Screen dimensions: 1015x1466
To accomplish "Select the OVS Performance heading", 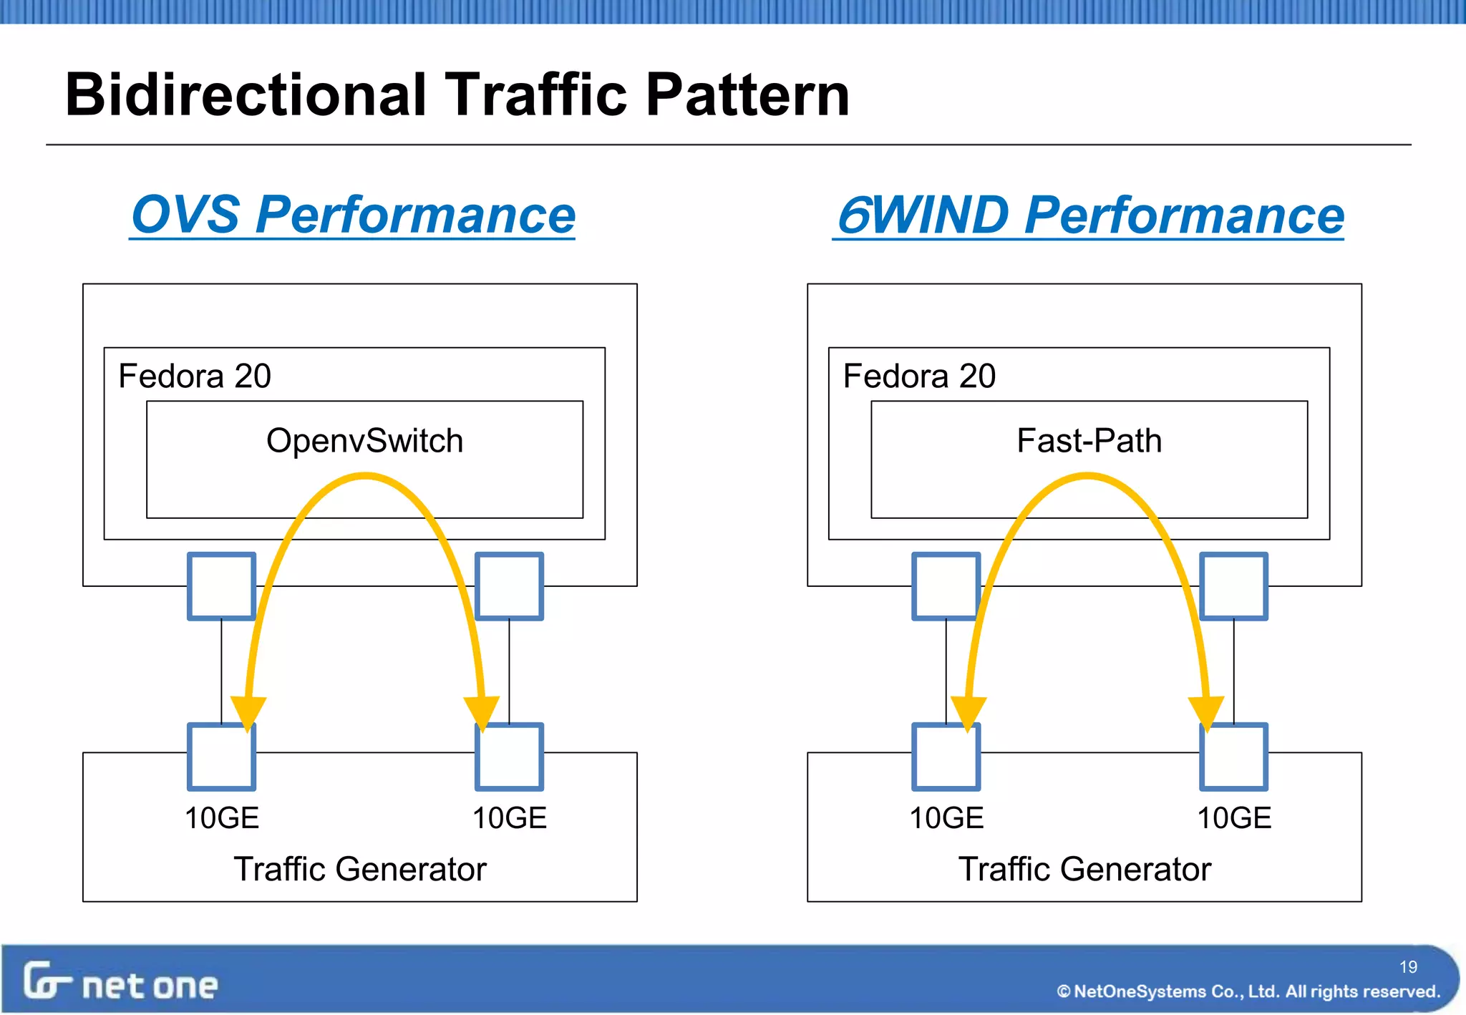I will pos(353,215).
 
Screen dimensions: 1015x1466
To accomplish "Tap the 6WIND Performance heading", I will pos(1089,215).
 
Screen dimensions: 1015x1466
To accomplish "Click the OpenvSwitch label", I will pos(364,441).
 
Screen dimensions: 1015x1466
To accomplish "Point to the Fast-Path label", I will pos(1089,441).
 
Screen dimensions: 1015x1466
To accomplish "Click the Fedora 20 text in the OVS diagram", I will pos(195,377).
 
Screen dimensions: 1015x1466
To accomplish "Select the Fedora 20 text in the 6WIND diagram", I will pos(919,377).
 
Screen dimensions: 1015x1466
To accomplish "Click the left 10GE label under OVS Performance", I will pos(221,818).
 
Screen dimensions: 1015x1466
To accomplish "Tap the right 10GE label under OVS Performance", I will pos(509,818).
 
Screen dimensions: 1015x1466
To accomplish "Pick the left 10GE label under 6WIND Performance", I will pos(946,818).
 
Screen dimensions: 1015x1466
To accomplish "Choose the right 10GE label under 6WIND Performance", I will pos(1234,818).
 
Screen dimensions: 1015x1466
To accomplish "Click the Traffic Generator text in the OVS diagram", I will pos(360,870).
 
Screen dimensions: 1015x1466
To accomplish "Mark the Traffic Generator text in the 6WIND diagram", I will pos(1084,870).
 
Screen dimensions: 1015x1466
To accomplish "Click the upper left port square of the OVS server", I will pos(221,586).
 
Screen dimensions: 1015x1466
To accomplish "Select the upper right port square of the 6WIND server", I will pos(1234,586).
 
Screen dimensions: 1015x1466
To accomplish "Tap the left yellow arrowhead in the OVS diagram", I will pos(248,713).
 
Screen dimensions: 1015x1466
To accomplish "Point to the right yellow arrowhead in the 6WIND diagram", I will pos(1206,713).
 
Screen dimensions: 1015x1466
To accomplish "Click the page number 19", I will pos(1408,967).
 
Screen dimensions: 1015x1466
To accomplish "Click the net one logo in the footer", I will pos(120,982).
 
